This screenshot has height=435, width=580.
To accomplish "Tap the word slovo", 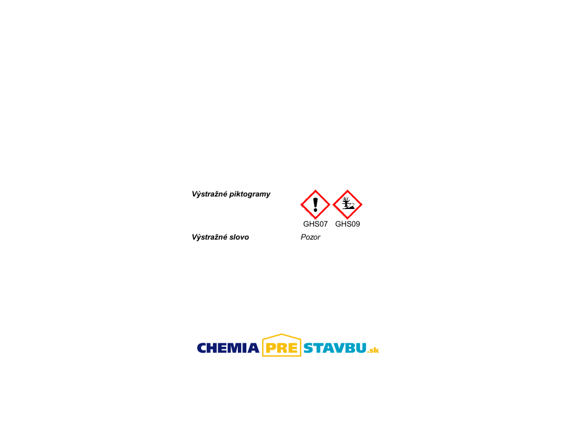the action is point(239,237).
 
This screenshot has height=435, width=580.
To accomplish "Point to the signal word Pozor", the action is point(310,237).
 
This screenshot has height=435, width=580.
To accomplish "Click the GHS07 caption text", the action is point(315,224).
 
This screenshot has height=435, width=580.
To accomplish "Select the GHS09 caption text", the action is point(347,224).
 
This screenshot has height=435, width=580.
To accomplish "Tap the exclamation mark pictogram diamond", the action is point(315,204).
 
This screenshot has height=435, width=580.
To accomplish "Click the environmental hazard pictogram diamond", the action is point(347,204).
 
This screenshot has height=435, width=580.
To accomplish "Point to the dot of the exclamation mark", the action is point(315,211).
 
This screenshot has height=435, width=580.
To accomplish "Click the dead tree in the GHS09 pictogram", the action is point(346,202).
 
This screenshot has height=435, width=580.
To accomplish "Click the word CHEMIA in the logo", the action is point(228,348).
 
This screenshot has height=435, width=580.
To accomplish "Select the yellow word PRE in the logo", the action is point(282,348).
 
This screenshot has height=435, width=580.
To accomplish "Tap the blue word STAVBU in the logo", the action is point(335,348).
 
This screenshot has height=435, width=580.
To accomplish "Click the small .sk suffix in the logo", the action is point(373,350).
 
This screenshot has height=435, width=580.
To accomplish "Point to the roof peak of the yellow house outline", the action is point(282,334).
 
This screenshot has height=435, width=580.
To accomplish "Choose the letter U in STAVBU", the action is point(361,348).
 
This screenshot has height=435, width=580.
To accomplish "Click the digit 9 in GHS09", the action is point(357,224).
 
